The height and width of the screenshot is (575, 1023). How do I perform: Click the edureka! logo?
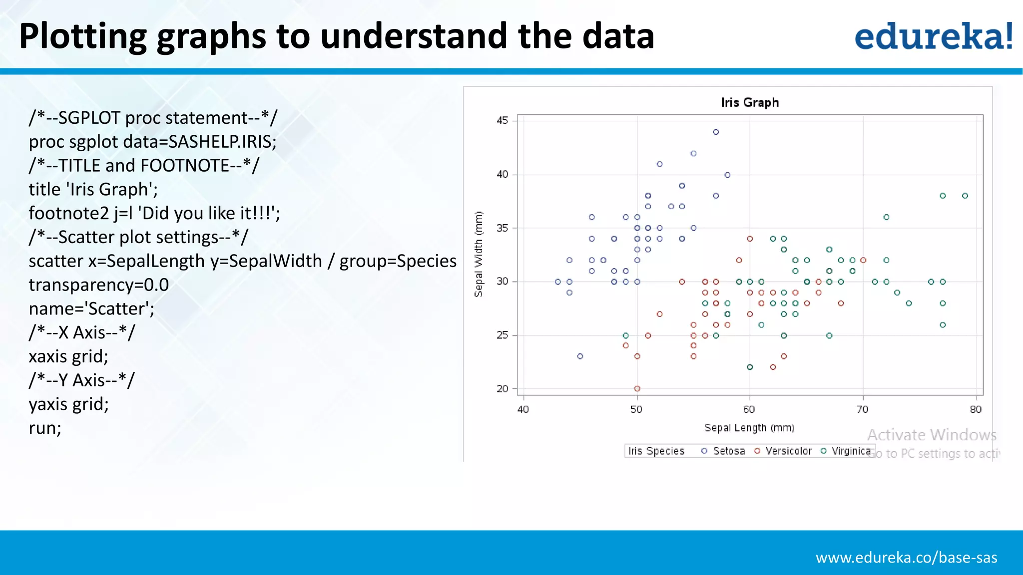coord(933,36)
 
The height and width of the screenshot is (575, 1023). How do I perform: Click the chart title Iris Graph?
coord(749,102)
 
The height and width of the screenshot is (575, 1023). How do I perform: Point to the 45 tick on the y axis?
coord(502,120)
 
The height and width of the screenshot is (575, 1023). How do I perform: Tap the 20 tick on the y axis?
coord(502,388)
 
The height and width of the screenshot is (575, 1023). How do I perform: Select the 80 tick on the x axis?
coord(976,409)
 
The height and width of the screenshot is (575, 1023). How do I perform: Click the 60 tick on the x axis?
coord(749,409)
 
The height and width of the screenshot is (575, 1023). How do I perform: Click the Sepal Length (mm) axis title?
coord(749,428)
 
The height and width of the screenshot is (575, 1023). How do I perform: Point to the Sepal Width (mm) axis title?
coord(479,254)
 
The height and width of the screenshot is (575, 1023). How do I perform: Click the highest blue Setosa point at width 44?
coord(716,132)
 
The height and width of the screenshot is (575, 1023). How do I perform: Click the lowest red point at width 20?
coord(637,388)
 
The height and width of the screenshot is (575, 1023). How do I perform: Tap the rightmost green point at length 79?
coord(965,196)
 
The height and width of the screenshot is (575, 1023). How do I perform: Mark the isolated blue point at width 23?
coord(580,356)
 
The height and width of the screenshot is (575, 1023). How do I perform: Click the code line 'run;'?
coord(45,428)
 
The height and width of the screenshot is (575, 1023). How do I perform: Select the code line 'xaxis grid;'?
coord(68,356)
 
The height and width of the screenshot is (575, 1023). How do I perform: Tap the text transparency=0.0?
coord(99,285)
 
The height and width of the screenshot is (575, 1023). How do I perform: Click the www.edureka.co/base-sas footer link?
coord(906,558)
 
